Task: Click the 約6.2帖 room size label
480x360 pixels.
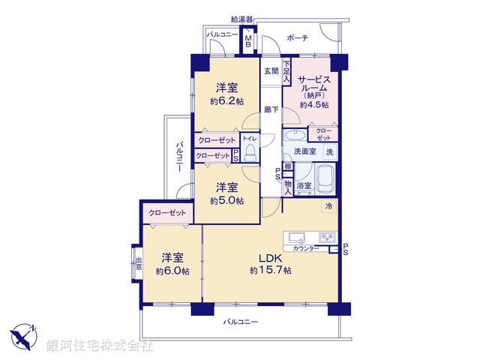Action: [x=227, y=100]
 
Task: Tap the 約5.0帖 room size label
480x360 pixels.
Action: [x=226, y=200]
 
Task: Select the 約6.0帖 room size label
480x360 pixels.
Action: [x=172, y=271]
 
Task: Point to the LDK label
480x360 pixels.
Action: [x=270, y=259]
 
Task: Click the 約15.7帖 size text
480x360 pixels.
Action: [x=271, y=270]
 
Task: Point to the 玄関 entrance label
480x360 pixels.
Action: [x=271, y=72]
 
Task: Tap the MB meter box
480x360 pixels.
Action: [x=248, y=44]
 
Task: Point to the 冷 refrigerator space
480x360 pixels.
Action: [x=328, y=204]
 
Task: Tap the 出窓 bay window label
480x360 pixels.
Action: [x=137, y=265]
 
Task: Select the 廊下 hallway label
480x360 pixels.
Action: [x=271, y=110]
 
